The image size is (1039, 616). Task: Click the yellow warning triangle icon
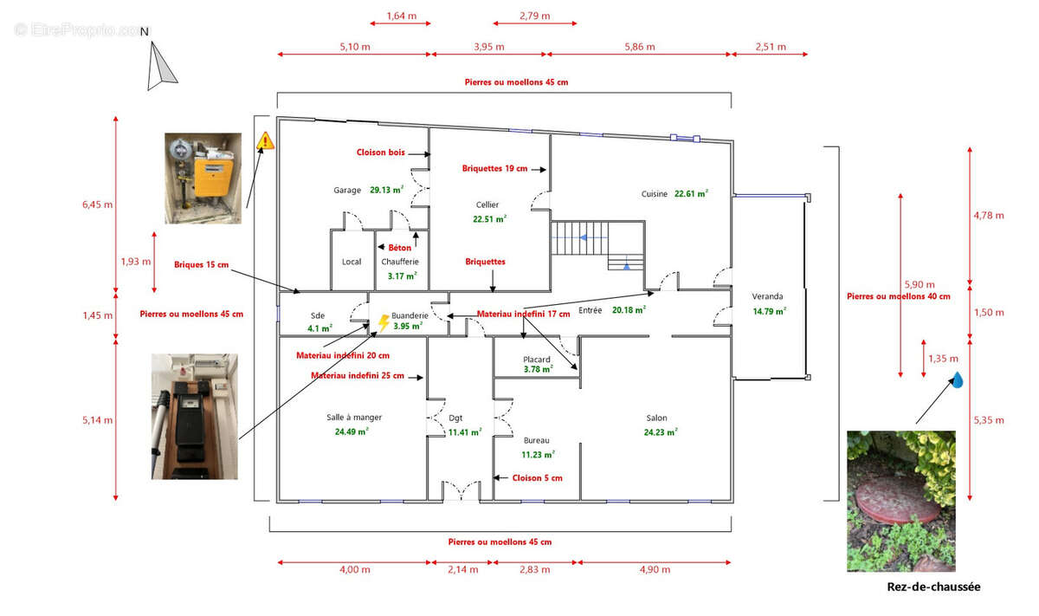[x=265, y=140]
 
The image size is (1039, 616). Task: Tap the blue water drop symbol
[x=958, y=379]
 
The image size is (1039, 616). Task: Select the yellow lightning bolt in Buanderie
[x=384, y=323]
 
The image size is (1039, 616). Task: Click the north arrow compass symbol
[x=160, y=66]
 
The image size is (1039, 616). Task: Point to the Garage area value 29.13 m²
[x=387, y=190]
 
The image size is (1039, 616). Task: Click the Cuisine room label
[x=654, y=194]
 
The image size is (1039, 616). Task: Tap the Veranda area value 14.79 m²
[x=770, y=312]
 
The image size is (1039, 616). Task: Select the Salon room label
[x=657, y=418]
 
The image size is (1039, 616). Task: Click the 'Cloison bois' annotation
[x=380, y=152]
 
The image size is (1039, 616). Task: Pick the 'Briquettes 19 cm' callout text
[x=494, y=168]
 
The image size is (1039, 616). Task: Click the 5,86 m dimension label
[x=640, y=47]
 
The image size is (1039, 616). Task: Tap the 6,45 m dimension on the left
[x=97, y=204]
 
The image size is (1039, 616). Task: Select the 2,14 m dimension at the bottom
[x=463, y=569]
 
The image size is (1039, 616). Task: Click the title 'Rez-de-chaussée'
[x=933, y=587]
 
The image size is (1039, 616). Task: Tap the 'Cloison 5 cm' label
[x=537, y=478]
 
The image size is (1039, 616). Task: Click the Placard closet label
[x=537, y=360]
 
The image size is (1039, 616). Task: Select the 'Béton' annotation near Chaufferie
[x=400, y=248]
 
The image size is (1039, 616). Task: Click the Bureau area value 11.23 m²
[x=538, y=455]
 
